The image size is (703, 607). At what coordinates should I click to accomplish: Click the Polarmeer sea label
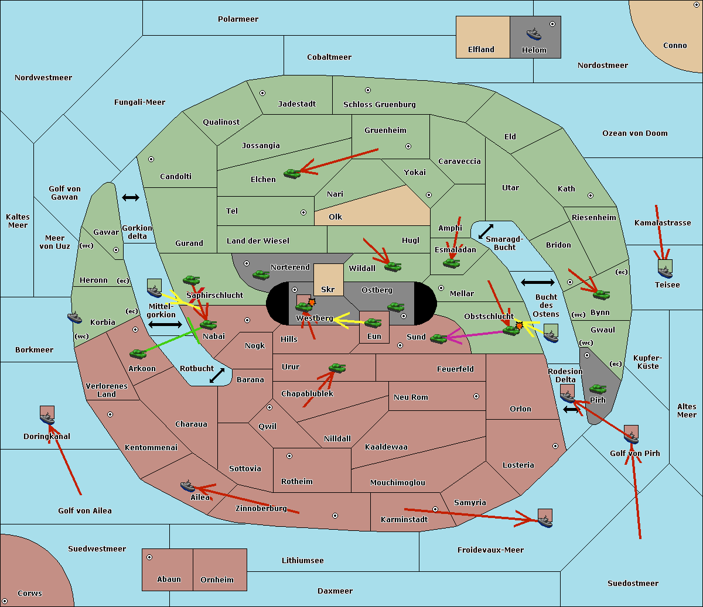(238, 19)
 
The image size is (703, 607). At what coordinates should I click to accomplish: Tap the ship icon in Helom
(534, 33)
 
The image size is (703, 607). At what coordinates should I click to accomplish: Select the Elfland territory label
(481, 50)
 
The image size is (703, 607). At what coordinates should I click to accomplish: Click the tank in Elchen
(292, 173)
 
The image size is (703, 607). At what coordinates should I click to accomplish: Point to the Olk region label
(335, 217)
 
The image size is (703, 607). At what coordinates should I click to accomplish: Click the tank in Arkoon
(138, 354)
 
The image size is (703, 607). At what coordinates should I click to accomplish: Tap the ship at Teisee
(665, 270)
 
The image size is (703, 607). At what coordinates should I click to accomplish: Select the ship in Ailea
(187, 486)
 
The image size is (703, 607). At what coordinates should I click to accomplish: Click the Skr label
(327, 290)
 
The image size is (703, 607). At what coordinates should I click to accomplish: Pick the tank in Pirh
(598, 389)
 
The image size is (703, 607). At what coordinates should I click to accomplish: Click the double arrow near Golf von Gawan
(130, 198)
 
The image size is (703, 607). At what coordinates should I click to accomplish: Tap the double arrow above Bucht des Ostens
(537, 283)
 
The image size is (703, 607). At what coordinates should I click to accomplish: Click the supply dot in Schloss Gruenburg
(368, 91)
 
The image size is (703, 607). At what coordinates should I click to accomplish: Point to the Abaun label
(169, 579)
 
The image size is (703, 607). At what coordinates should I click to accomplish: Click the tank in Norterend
(261, 275)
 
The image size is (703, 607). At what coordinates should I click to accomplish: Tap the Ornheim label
(217, 580)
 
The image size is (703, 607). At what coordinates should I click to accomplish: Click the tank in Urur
(337, 368)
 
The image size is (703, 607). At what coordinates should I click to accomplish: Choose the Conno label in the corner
(675, 46)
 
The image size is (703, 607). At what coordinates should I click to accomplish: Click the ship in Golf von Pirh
(631, 435)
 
